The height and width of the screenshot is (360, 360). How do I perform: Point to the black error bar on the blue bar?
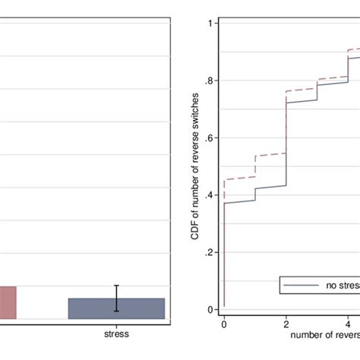tap(116, 298)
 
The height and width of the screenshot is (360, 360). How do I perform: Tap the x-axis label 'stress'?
tap(116, 333)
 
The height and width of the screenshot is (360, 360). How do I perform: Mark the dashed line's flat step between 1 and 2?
tap(270, 154)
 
